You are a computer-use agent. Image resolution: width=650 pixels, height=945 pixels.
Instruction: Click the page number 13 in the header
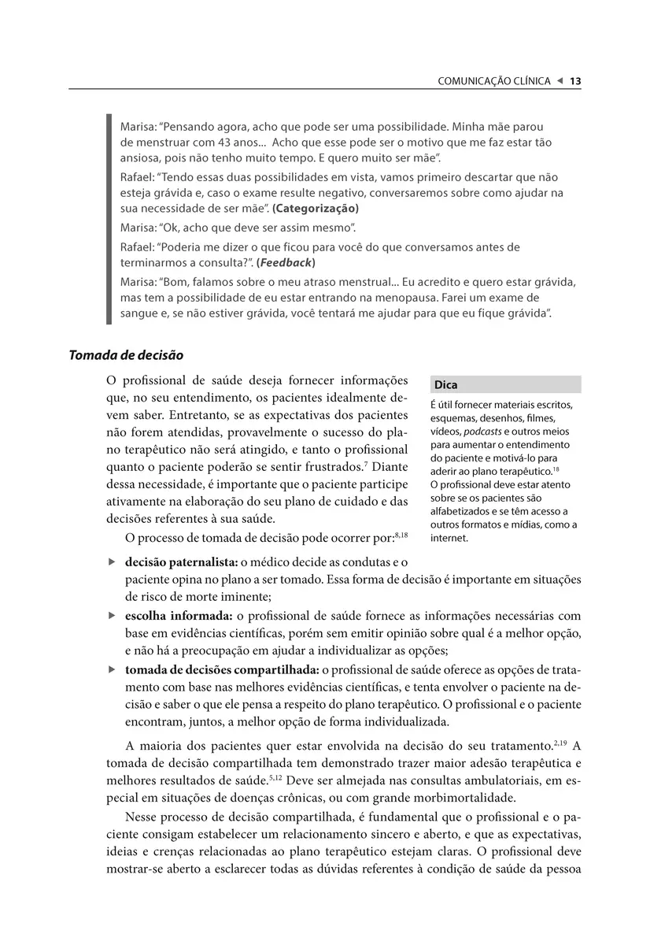point(575,81)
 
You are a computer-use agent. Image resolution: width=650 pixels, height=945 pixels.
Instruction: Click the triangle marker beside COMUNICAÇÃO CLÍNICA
point(560,81)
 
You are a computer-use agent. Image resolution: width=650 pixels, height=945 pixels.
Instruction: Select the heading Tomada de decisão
point(126,355)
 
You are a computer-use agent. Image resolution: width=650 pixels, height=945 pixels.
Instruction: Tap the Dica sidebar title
point(445,385)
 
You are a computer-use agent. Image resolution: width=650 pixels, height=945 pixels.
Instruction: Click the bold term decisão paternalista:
point(181,562)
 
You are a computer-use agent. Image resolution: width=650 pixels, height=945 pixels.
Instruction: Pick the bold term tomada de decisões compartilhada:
point(222,669)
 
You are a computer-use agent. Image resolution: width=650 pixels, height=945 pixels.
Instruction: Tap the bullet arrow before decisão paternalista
point(111,562)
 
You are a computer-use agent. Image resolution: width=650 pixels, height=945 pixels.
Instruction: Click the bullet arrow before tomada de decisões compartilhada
point(111,669)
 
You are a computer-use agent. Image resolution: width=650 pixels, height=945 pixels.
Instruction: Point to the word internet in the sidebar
point(449,538)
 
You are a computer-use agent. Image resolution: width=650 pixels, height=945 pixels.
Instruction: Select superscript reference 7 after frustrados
point(366,463)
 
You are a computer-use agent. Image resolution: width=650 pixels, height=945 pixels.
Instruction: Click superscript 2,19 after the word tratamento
point(558,741)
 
